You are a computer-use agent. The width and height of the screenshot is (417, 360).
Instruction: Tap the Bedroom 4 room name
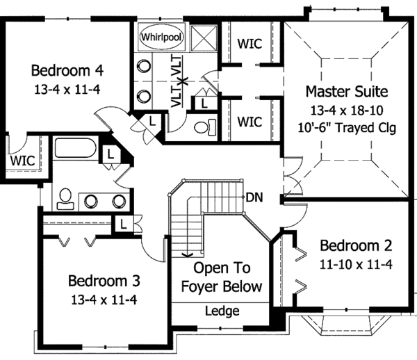(x=68, y=70)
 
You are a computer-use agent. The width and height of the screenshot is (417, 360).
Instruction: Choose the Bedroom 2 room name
(x=356, y=245)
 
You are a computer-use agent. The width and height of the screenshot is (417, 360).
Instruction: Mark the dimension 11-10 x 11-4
(x=356, y=263)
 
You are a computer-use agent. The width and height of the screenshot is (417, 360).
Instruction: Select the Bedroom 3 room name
(x=104, y=281)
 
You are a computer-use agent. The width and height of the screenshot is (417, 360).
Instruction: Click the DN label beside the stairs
(x=254, y=197)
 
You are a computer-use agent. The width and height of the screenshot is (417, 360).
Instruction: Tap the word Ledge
(x=222, y=311)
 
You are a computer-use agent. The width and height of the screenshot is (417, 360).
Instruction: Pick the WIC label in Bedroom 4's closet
(x=21, y=161)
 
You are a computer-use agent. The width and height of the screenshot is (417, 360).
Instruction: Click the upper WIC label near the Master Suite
(x=249, y=43)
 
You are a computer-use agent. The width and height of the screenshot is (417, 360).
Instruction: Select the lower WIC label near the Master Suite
(x=249, y=122)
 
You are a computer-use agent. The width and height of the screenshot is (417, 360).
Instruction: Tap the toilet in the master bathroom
(x=204, y=127)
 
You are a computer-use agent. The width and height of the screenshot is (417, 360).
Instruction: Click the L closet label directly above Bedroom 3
(x=122, y=224)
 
